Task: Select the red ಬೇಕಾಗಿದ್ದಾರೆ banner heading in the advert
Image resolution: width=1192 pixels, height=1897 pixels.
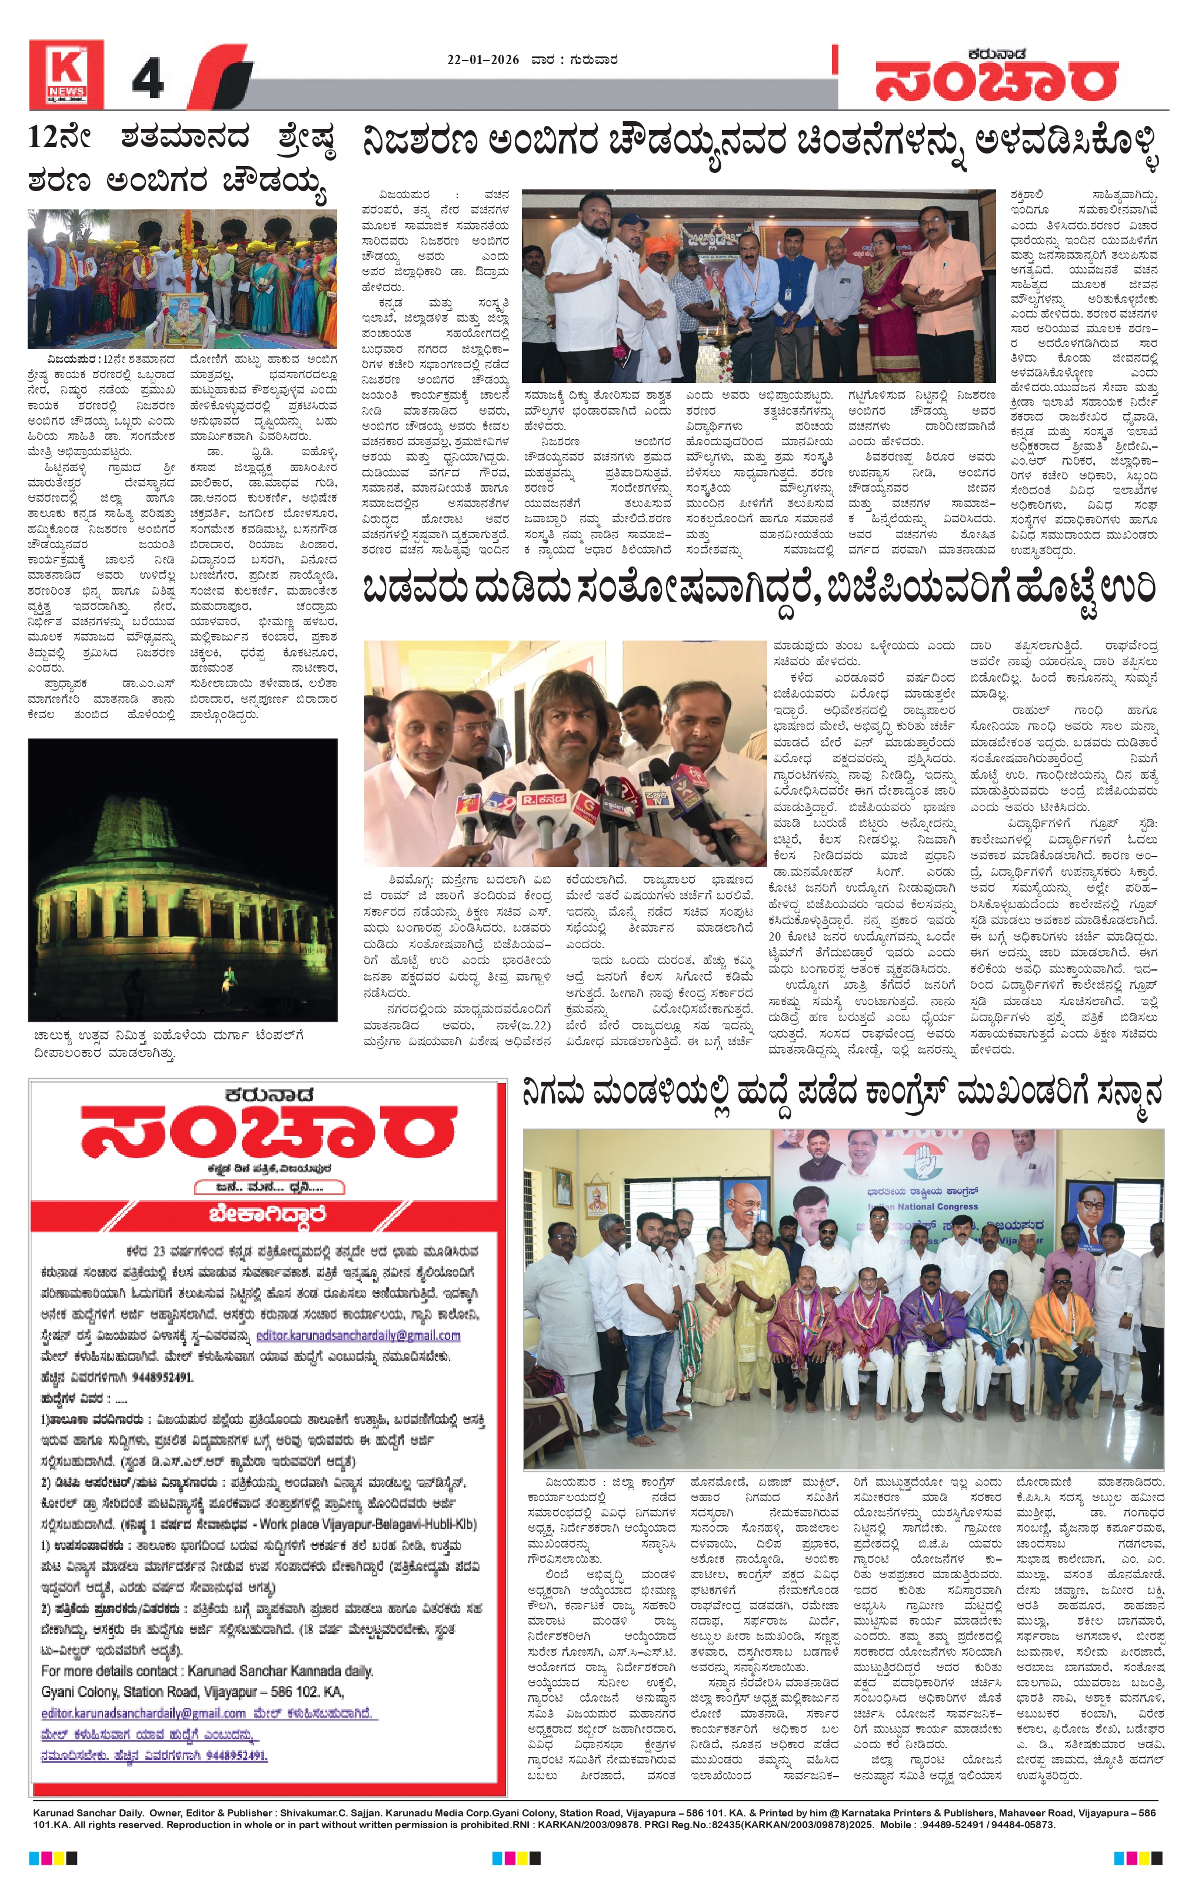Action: [x=267, y=1214]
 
